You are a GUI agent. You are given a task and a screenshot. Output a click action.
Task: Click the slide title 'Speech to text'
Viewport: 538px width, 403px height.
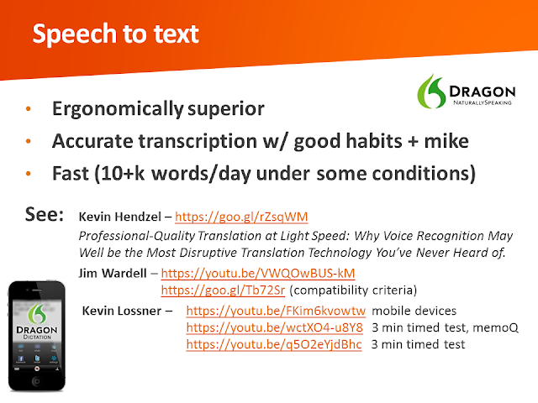click(116, 34)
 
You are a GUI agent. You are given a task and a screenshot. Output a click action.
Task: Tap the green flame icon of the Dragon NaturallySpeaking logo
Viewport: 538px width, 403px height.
click(431, 92)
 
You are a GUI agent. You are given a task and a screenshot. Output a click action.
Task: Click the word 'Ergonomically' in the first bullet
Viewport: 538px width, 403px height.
click(118, 109)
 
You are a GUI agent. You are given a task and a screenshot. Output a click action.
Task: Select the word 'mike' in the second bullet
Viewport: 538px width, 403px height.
click(446, 141)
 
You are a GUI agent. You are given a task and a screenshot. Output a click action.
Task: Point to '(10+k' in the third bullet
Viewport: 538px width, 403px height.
click(119, 174)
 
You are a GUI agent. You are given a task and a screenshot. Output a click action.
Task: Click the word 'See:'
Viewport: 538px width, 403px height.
click(45, 215)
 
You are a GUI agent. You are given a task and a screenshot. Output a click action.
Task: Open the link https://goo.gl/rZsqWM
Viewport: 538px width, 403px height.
click(241, 217)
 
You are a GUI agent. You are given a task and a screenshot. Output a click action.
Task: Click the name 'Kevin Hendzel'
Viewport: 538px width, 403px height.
click(119, 217)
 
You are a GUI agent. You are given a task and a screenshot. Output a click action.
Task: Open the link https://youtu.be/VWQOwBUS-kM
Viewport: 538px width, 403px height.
click(258, 273)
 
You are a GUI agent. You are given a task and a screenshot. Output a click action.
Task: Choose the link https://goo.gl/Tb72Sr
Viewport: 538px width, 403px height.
click(223, 290)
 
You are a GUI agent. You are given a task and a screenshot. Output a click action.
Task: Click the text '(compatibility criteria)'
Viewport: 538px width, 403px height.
click(353, 290)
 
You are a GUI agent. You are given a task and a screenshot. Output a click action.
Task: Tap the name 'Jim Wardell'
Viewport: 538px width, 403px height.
click(113, 273)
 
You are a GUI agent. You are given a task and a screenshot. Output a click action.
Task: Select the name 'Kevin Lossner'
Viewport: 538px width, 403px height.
click(121, 311)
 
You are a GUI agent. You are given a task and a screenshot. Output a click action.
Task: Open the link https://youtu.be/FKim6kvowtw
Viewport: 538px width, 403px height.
click(276, 311)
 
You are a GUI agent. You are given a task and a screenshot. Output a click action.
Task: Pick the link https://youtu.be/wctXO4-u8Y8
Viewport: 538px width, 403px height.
click(274, 327)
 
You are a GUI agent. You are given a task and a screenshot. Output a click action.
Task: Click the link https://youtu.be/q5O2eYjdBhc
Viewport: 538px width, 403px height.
click(274, 344)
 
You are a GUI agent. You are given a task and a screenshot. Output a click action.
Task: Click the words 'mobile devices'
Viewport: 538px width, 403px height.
click(414, 311)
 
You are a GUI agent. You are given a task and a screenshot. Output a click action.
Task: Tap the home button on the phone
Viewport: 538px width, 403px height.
click(37, 380)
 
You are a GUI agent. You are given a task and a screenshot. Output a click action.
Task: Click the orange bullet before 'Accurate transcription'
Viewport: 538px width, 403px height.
click(29, 141)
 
